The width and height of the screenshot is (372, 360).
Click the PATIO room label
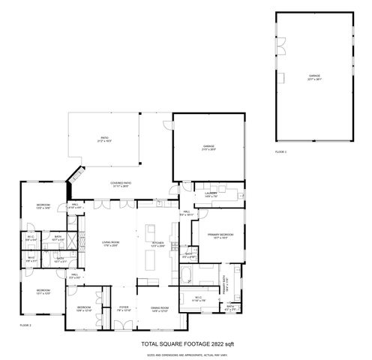click(x=106, y=139)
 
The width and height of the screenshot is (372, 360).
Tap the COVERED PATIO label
click(x=121, y=184)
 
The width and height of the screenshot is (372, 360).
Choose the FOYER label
click(x=124, y=308)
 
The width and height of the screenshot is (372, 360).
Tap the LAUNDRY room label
click(x=211, y=193)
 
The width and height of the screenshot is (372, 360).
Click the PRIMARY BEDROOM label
click(x=223, y=235)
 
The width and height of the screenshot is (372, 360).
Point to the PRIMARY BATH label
click(x=224, y=283)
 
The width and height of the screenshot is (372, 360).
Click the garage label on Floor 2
click(x=208, y=146)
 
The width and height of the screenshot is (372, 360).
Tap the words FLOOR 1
click(x=280, y=152)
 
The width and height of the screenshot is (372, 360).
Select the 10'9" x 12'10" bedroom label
click(x=84, y=308)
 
